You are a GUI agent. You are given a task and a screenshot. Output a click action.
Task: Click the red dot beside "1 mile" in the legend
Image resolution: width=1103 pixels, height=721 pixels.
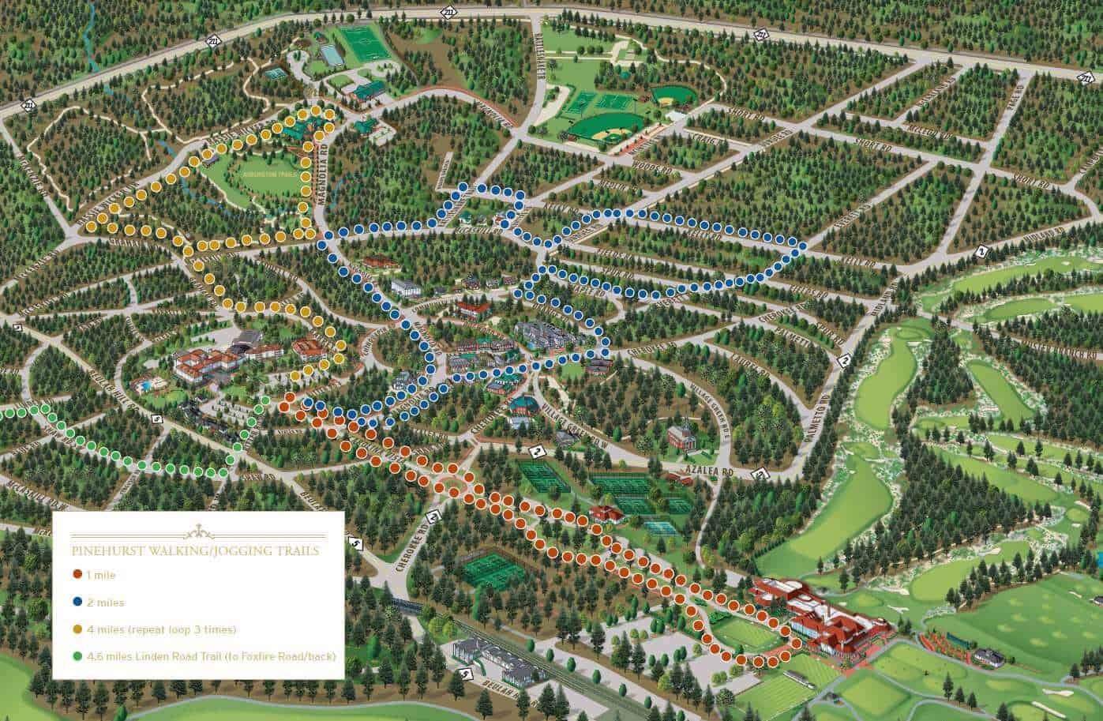click(77, 576)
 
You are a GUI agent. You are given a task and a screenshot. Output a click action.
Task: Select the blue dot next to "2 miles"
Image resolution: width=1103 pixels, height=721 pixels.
click(77, 603)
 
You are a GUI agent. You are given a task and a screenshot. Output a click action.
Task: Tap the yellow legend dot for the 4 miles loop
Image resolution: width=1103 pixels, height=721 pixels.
click(77, 629)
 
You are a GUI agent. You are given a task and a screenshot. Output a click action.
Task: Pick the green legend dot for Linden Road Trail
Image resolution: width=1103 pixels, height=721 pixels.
click(77, 656)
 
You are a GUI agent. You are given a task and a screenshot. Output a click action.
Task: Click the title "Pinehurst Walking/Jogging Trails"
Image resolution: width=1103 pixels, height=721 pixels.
click(195, 550)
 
